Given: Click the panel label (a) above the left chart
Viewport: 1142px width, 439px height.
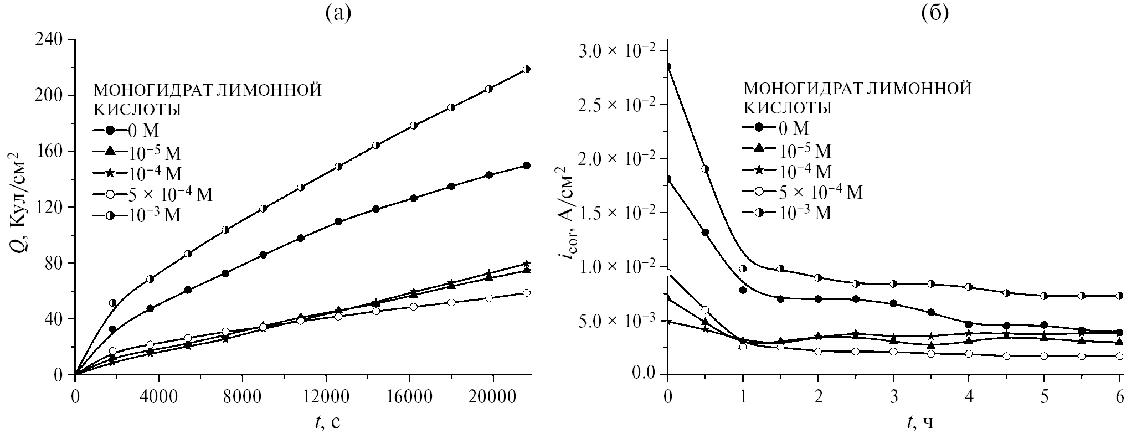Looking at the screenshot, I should point(337,13).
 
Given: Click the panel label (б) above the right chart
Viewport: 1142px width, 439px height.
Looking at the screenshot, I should point(935,13).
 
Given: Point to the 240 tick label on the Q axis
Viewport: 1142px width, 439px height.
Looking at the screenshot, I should point(50,40).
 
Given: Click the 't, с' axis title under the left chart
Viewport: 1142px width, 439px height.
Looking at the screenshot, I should point(328,423).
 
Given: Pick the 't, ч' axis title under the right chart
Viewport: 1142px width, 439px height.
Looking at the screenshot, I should point(920,423).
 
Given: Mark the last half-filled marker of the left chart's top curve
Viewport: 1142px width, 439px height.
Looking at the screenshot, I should point(527,69).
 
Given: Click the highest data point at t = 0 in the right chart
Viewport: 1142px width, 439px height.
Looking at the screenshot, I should point(668,66).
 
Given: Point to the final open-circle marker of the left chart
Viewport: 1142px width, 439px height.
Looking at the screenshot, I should point(527,293).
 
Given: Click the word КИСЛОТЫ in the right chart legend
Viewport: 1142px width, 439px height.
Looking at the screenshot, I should point(786,108).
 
